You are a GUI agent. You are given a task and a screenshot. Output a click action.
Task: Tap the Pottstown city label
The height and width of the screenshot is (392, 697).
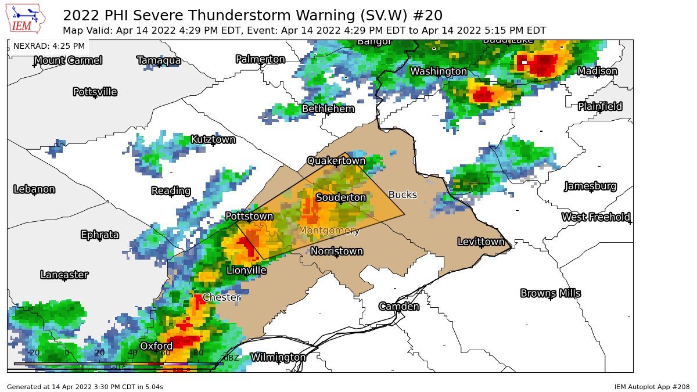point(249,216)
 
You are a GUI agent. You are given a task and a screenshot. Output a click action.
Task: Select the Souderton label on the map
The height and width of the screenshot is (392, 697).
point(341,197)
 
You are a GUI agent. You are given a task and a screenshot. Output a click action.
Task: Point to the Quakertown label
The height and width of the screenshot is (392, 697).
point(336,160)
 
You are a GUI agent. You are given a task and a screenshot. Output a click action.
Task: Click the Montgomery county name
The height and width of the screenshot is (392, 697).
point(329,231)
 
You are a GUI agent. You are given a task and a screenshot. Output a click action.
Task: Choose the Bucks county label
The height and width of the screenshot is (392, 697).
point(403,195)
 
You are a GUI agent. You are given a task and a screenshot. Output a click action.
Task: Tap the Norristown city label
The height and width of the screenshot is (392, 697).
point(336,251)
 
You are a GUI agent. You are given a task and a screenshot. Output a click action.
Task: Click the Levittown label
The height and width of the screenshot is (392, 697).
point(481,242)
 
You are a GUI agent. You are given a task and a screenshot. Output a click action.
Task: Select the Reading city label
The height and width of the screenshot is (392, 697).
point(171,190)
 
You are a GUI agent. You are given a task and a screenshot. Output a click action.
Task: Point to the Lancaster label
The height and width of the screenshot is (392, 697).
point(64,275)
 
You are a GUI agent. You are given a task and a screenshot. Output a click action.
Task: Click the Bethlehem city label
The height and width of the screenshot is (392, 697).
point(328,109)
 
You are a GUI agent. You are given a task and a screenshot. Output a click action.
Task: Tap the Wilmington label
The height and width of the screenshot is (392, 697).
point(278,357)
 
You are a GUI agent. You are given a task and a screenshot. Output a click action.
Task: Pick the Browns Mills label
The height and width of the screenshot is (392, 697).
point(550,293)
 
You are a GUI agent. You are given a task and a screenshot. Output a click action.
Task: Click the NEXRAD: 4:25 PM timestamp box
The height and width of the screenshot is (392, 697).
point(49,46)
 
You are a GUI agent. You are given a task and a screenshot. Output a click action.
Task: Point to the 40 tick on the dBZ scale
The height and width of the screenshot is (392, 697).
point(132,353)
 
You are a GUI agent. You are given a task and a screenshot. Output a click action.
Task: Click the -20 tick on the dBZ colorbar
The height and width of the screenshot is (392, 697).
point(34,353)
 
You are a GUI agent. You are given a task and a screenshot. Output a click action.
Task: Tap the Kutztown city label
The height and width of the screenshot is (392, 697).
point(213,139)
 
